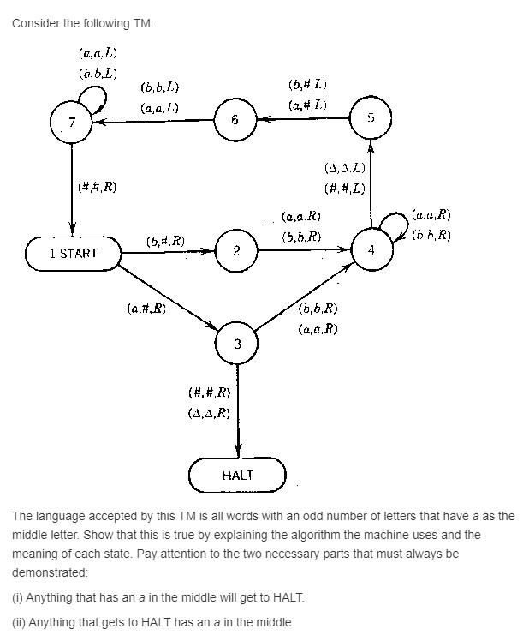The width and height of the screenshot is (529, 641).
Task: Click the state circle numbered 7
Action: click(x=72, y=122)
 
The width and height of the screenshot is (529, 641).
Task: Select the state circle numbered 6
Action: click(x=234, y=120)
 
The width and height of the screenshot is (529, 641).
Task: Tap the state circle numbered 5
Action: click(x=371, y=117)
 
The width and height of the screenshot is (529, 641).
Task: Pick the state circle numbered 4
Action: click(x=371, y=250)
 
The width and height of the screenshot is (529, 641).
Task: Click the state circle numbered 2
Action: click(x=236, y=251)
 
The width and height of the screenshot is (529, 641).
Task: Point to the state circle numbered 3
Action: click(x=237, y=344)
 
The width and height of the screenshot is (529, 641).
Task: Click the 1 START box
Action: click(x=73, y=253)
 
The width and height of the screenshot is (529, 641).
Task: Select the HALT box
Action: click(x=237, y=475)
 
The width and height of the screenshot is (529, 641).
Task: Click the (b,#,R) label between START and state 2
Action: click(x=165, y=241)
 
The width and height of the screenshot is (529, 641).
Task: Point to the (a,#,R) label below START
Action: click(x=145, y=308)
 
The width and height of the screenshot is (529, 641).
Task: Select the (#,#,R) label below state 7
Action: click(x=97, y=187)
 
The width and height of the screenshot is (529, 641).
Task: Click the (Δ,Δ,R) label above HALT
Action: click(x=209, y=412)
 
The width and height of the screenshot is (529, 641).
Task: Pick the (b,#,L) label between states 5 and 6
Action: click(x=308, y=85)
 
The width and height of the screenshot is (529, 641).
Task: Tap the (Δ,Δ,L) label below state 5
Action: click(x=346, y=169)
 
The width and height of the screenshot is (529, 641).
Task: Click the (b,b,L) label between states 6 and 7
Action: click(x=159, y=87)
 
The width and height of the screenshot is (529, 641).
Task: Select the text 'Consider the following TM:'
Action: click(x=82, y=23)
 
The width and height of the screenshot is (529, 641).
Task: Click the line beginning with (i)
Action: click(x=158, y=596)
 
